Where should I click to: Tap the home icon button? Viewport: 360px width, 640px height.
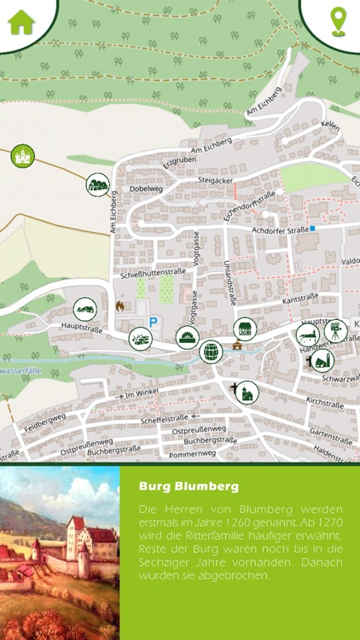[21, 20]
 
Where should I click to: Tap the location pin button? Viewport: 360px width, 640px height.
[340, 20]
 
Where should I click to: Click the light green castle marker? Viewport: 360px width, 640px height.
[21, 155]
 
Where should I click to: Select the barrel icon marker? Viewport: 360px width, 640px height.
[210, 351]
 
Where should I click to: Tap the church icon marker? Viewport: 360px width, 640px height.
[247, 393]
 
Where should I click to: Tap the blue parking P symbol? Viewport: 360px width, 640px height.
[154, 322]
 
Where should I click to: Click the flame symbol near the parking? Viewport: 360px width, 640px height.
[119, 305]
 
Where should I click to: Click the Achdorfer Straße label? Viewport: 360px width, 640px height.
[278, 230]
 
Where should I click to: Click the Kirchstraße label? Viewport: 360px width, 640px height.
[323, 400]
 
